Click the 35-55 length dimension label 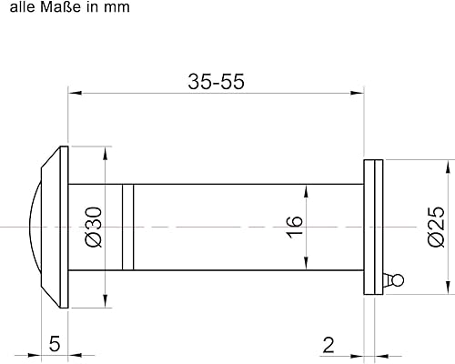tap(216, 82)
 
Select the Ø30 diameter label tap(94, 227)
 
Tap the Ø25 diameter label tap(436, 227)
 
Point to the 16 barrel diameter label tap(295, 227)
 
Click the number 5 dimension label tap(55, 344)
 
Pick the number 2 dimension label tap(329, 345)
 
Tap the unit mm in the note tap(117, 8)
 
